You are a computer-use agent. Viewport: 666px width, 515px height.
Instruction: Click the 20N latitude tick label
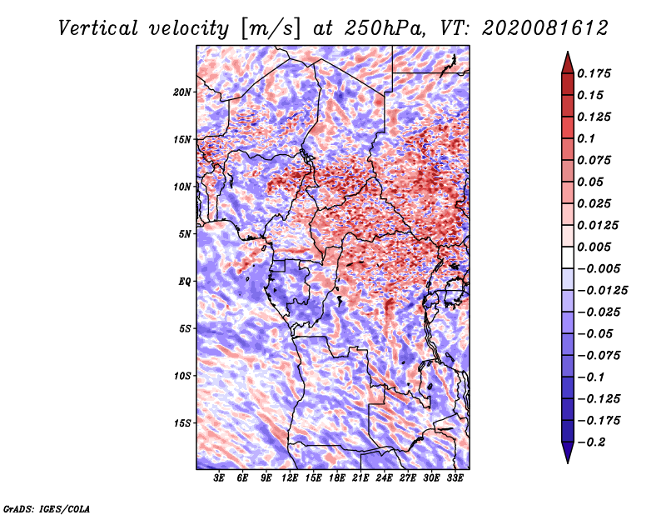pyautogui.click(x=182, y=92)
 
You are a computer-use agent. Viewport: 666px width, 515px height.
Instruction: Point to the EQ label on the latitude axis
pyautogui.click(x=185, y=282)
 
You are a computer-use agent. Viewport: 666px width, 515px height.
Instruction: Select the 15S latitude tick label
pyautogui.click(x=182, y=423)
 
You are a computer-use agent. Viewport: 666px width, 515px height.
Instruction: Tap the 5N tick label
pyautogui.click(x=185, y=234)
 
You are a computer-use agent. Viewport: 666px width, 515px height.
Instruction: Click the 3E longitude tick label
pyautogui.click(x=219, y=478)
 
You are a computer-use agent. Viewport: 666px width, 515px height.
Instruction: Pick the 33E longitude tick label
pyautogui.click(x=455, y=478)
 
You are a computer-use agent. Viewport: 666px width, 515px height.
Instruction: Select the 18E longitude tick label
pyautogui.click(x=337, y=478)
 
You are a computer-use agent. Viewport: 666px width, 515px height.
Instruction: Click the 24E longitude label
pyautogui.click(x=384, y=478)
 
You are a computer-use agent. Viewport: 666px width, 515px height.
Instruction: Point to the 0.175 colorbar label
pyautogui.click(x=594, y=73)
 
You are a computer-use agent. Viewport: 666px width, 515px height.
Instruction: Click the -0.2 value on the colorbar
pyautogui.click(x=591, y=442)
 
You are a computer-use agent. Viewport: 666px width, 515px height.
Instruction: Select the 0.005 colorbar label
pyautogui.click(x=594, y=247)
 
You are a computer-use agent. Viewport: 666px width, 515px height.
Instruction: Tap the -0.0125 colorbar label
pyautogui.click(x=602, y=291)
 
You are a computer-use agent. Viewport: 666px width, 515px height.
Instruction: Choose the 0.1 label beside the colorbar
pyautogui.click(x=586, y=138)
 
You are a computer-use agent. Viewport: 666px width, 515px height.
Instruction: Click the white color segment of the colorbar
pyautogui.click(x=568, y=257)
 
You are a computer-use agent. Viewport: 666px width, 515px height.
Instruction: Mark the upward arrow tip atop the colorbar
pyautogui.click(x=568, y=52)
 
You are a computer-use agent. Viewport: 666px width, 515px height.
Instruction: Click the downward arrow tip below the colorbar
pyautogui.click(x=568, y=463)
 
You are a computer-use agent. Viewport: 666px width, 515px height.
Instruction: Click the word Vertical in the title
pyautogui.click(x=98, y=28)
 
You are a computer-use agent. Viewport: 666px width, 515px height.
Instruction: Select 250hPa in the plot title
pyautogui.click(x=385, y=28)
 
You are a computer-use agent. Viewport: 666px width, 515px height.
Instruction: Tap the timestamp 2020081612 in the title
pyautogui.click(x=545, y=28)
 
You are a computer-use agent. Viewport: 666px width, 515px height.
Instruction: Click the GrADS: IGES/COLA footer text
pyautogui.click(x=47, y=508)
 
